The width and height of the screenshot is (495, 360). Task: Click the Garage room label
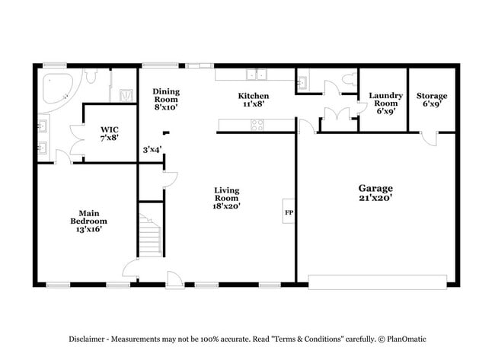pyautogui.click(x=375, y=193)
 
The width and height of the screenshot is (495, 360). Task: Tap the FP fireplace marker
pyautogui.click(x=289, y=212)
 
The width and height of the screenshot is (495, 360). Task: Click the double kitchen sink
pyautogui.click(x=260, y=75)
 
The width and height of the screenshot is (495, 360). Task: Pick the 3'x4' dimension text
pyautogui.click(x=152, y=149)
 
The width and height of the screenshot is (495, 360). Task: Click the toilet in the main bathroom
pyautogui.click(x=90, y=76)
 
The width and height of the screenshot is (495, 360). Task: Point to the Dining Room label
pyautogui.click(x=165, y=99)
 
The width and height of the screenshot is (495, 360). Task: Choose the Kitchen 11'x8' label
pyautogui.click(x=253, y=100)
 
